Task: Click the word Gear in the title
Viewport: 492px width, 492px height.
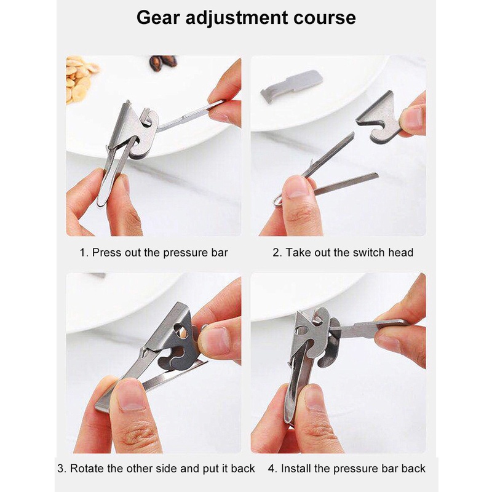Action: (x=158, y=18)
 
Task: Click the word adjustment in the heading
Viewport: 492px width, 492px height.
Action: (x=237, y=18)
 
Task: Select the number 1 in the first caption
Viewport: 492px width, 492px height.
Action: (x=83, y=253)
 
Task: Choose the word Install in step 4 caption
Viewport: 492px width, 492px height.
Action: (x=296, y=469)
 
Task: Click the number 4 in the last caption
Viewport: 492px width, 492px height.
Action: (x=272, y=469)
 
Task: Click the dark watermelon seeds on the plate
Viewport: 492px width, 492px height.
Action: (x=162, y=63)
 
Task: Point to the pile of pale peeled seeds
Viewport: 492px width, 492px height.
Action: (x=79, y=79)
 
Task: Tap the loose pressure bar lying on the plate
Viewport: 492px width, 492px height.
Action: (x=291, y=85)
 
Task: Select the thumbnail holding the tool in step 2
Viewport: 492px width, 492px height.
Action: (x=296, y=188)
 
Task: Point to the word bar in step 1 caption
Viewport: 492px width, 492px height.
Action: (x=220, y=253)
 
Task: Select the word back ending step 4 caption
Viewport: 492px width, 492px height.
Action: (x=413, y=469)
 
